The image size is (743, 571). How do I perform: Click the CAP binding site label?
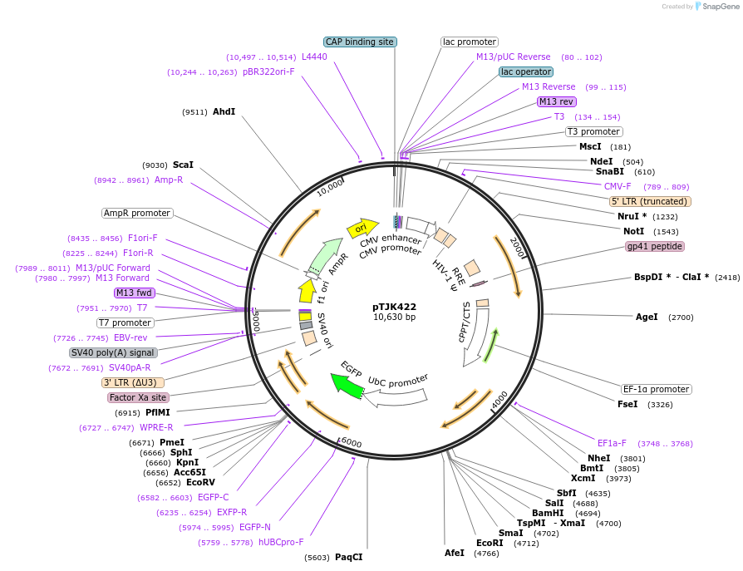[360, 42]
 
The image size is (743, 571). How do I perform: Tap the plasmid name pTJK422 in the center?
[394, 307]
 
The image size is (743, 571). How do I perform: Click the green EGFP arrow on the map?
[342, 382]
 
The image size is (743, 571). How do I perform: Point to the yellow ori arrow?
[363, 228]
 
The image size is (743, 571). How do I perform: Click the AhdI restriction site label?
[224, 111]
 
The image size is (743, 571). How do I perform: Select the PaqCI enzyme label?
[348, 557]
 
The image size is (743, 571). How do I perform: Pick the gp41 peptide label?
[654, 247]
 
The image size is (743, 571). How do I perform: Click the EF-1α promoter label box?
[657, 389]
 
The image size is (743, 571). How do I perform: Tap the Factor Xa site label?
[138, 398]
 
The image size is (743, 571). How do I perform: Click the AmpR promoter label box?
[137, 213]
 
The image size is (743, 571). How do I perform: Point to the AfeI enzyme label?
[455, 553]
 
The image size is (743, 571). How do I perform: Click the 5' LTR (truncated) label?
[650, 201]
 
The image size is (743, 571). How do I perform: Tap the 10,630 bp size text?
[394, 317]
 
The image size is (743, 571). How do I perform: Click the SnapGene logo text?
[720, 7]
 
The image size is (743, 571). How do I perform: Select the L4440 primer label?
[314, 57]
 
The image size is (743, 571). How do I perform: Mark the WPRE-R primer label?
[156, 427]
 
